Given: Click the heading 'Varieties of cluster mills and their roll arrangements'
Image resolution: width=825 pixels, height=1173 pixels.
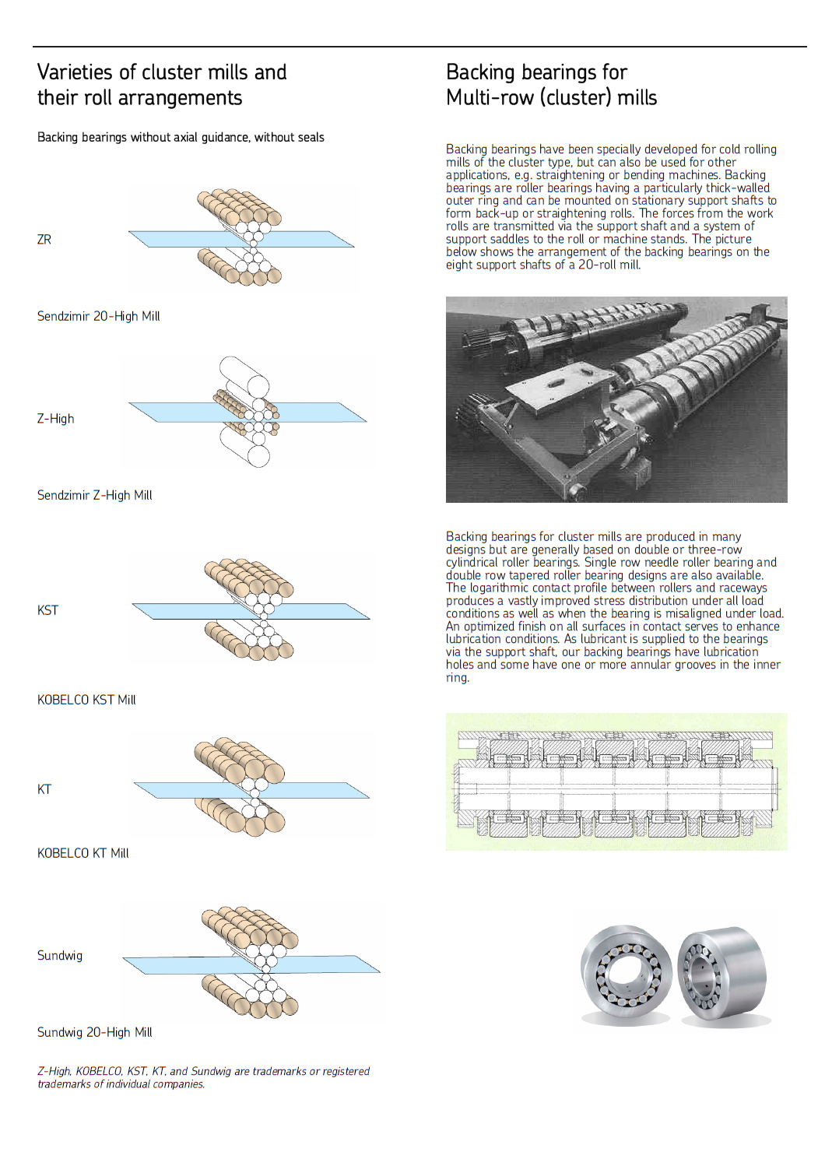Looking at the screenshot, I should (162, 85).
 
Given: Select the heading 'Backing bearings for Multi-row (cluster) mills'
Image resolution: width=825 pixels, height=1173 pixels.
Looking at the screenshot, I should (551, 85).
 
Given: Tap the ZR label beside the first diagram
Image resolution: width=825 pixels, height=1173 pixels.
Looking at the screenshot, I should (44, 240).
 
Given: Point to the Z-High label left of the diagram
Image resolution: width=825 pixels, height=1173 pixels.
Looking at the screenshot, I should (56, 419).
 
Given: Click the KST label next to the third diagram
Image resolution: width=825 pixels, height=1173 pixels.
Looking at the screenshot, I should (47, 610).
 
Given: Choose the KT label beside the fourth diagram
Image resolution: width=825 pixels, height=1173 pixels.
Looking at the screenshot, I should (44, 789).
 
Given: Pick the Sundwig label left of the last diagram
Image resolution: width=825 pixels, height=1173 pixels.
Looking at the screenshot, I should (60, 956).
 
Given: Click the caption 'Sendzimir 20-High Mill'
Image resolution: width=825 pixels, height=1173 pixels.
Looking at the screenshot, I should (99, 316).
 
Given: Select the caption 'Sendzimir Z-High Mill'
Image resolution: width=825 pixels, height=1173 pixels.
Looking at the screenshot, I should (95, 495).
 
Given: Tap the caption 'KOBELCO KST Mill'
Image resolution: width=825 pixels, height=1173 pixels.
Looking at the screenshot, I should (86, 700).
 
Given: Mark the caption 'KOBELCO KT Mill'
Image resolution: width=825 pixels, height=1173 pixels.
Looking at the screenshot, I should (83, 853).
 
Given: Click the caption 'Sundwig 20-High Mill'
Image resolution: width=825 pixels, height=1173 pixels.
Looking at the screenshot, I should (95, 1032).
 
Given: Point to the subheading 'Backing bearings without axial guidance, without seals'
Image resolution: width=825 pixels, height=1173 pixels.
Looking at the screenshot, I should (181, 138).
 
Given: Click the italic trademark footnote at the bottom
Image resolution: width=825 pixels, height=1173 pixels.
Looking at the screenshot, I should (203, 1077).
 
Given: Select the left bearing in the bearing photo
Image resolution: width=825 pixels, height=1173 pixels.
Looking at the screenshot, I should (626, 974).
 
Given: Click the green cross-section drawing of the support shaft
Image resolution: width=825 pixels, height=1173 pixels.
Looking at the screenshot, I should (616, 781).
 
